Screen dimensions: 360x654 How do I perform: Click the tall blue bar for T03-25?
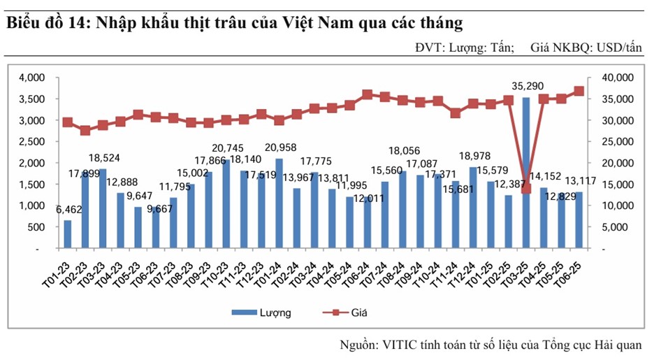click(526, 172)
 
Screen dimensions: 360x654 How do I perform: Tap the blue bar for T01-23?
click(67, 234)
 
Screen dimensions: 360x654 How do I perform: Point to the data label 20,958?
click(279, 147)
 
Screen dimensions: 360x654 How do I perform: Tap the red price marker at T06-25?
click(579, 91)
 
